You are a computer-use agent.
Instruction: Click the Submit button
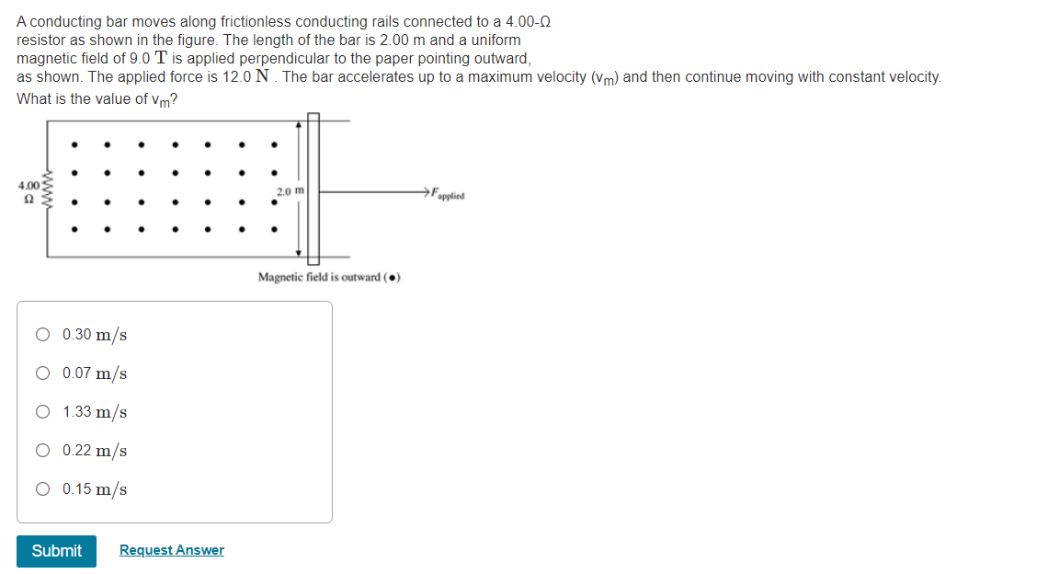56,550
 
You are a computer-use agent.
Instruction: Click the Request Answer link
171,550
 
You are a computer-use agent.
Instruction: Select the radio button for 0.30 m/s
43,335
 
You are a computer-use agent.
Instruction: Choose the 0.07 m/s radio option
43,373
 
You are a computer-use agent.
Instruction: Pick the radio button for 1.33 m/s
43,412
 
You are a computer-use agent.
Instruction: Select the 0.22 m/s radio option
43,451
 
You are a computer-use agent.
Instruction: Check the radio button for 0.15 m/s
43,489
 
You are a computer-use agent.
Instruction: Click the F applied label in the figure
450,194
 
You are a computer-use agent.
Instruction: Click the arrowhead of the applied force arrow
426,192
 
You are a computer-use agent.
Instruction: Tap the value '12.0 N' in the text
245,76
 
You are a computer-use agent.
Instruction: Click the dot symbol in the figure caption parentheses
393,278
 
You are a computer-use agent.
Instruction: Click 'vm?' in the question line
163,99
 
